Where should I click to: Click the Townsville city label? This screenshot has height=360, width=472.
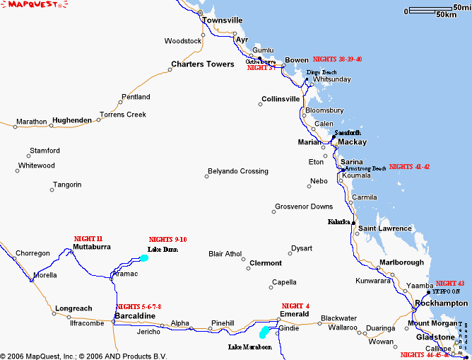pyautogui.click(x=223, y=21)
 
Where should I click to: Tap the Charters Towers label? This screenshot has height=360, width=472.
pyautogui.click(x=202, y=64)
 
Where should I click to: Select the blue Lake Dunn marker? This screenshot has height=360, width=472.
pyautogui.click(x=144, y=258)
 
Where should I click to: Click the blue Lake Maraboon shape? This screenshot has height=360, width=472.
pyautogui.click(x=264, y=331)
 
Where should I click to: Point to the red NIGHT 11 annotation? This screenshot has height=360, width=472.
pyautogui.click(x=88, y=238)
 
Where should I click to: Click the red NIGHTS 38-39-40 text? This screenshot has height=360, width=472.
pyautogui.click(x=337, y=59)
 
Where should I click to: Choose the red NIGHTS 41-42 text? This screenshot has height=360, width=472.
pyautogui.click(x=409, y=166)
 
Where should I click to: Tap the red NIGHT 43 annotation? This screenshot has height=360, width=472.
pyautogui.click(x=450, y=283)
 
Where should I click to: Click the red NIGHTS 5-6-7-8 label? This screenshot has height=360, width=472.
pyautogui.click(x=138, y=306)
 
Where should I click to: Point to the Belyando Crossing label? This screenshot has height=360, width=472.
pyautogui.click(x=237, y=171)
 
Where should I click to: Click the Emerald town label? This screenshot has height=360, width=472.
pyautogui.click(x=294, y=314)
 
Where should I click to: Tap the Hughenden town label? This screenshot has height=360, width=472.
pyautogui.click(x=71, y=121)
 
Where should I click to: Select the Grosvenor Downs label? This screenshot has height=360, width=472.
pyautogui.click(x=303, y=207)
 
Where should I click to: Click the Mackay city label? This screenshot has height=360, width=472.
pyautogui.click(x=352, y=142)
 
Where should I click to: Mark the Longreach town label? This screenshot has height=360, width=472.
pyautogui.click(x=73, y=308)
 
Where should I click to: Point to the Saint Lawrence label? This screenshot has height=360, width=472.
pyautogui.click(x=384, y=228)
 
